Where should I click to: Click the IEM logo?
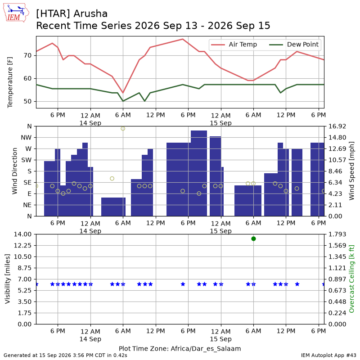click(16, 13)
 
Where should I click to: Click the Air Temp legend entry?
click(234, 45)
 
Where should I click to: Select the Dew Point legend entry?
click(294, 45)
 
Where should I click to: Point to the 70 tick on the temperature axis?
click(27, 55)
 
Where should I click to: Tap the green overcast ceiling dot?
click(253, 239)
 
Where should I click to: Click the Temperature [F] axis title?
click(9, 82)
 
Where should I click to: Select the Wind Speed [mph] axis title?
click(351, 171)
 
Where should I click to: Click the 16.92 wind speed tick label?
click(337, 126)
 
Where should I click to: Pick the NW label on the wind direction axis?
click(26, 138)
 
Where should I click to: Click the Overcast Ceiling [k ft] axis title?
click(351, 279)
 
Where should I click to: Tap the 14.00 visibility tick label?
click(22, 234)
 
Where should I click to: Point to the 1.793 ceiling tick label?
click(337, 234)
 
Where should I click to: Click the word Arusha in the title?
click(90, 14)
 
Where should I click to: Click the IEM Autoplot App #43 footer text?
click(328, 355)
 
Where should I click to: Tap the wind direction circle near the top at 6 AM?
click(123, 129)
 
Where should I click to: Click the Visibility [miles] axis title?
click(7, 279)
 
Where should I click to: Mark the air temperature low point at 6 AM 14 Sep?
click(123, 93)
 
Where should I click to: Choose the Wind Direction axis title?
click(15, 171)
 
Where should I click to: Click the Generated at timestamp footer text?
click(65, 355)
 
